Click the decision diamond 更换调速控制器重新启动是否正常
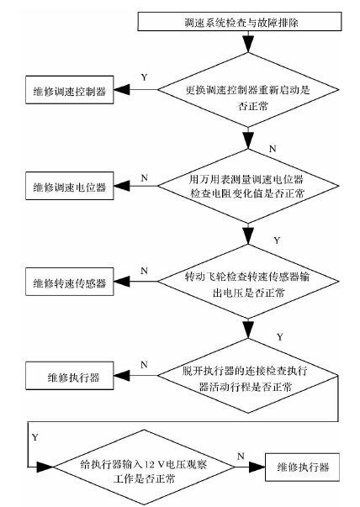click(245, 89)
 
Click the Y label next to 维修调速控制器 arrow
click(143, 77)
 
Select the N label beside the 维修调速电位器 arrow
click(145, 177)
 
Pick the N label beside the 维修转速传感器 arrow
click(145, 272)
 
